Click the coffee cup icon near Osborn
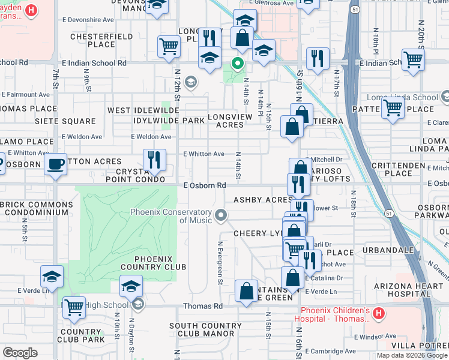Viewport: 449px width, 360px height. tap(56, 164)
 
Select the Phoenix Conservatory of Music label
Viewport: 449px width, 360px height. tap(172, 216)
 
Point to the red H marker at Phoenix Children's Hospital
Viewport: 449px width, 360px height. tap(378, 313)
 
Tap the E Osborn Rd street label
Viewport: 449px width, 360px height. tap(204, 186)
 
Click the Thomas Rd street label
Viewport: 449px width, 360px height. tap(202, 306)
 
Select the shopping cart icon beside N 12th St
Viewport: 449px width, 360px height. tap(169, 46)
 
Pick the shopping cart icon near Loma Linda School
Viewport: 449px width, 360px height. tap(393, 108)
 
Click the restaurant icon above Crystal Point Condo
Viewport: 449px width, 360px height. tap(154, 160)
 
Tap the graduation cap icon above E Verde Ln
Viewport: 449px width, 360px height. tap(52, 277)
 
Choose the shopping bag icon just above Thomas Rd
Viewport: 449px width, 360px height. tap(247, 292)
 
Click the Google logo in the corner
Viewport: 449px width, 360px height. tap(20, 352)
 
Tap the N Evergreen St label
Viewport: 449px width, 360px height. tap(220, 264)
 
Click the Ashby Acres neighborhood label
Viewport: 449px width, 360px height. tap(258, 200)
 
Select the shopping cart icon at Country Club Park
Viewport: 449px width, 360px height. tap(74, 307)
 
